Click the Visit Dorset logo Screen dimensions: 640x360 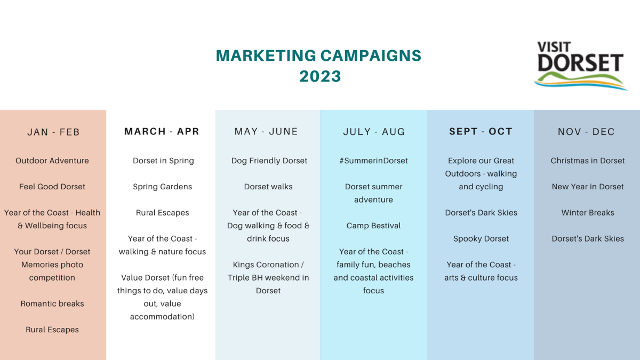pos(581,66)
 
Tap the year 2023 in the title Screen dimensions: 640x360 pos(320,77)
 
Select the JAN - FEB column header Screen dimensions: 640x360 pos(53,132)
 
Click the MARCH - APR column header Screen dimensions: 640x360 pos(162,131)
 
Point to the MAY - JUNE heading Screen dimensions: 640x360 pos(266,131)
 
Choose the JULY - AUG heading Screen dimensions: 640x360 pos(374,132)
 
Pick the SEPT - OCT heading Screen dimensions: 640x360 pos(481,131)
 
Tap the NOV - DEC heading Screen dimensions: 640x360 pos(586,132)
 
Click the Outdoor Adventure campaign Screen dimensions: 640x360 pos(52,161)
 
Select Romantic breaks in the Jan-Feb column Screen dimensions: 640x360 pos(52,303)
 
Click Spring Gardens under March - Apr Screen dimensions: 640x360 pos(162,187)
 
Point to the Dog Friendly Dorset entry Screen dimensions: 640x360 pos(269,161)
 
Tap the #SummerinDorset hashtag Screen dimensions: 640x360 pos(373,161)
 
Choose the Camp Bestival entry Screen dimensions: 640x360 pos(373,226)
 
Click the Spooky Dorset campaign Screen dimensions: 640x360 pos(481,239)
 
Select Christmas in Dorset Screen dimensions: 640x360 pos(588,161)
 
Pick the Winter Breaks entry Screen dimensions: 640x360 pos(588,213)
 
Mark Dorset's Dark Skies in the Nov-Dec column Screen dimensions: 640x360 pos(588,238)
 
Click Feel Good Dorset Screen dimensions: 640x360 pos(52,187)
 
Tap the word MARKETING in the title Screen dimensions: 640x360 pos(266,55)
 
